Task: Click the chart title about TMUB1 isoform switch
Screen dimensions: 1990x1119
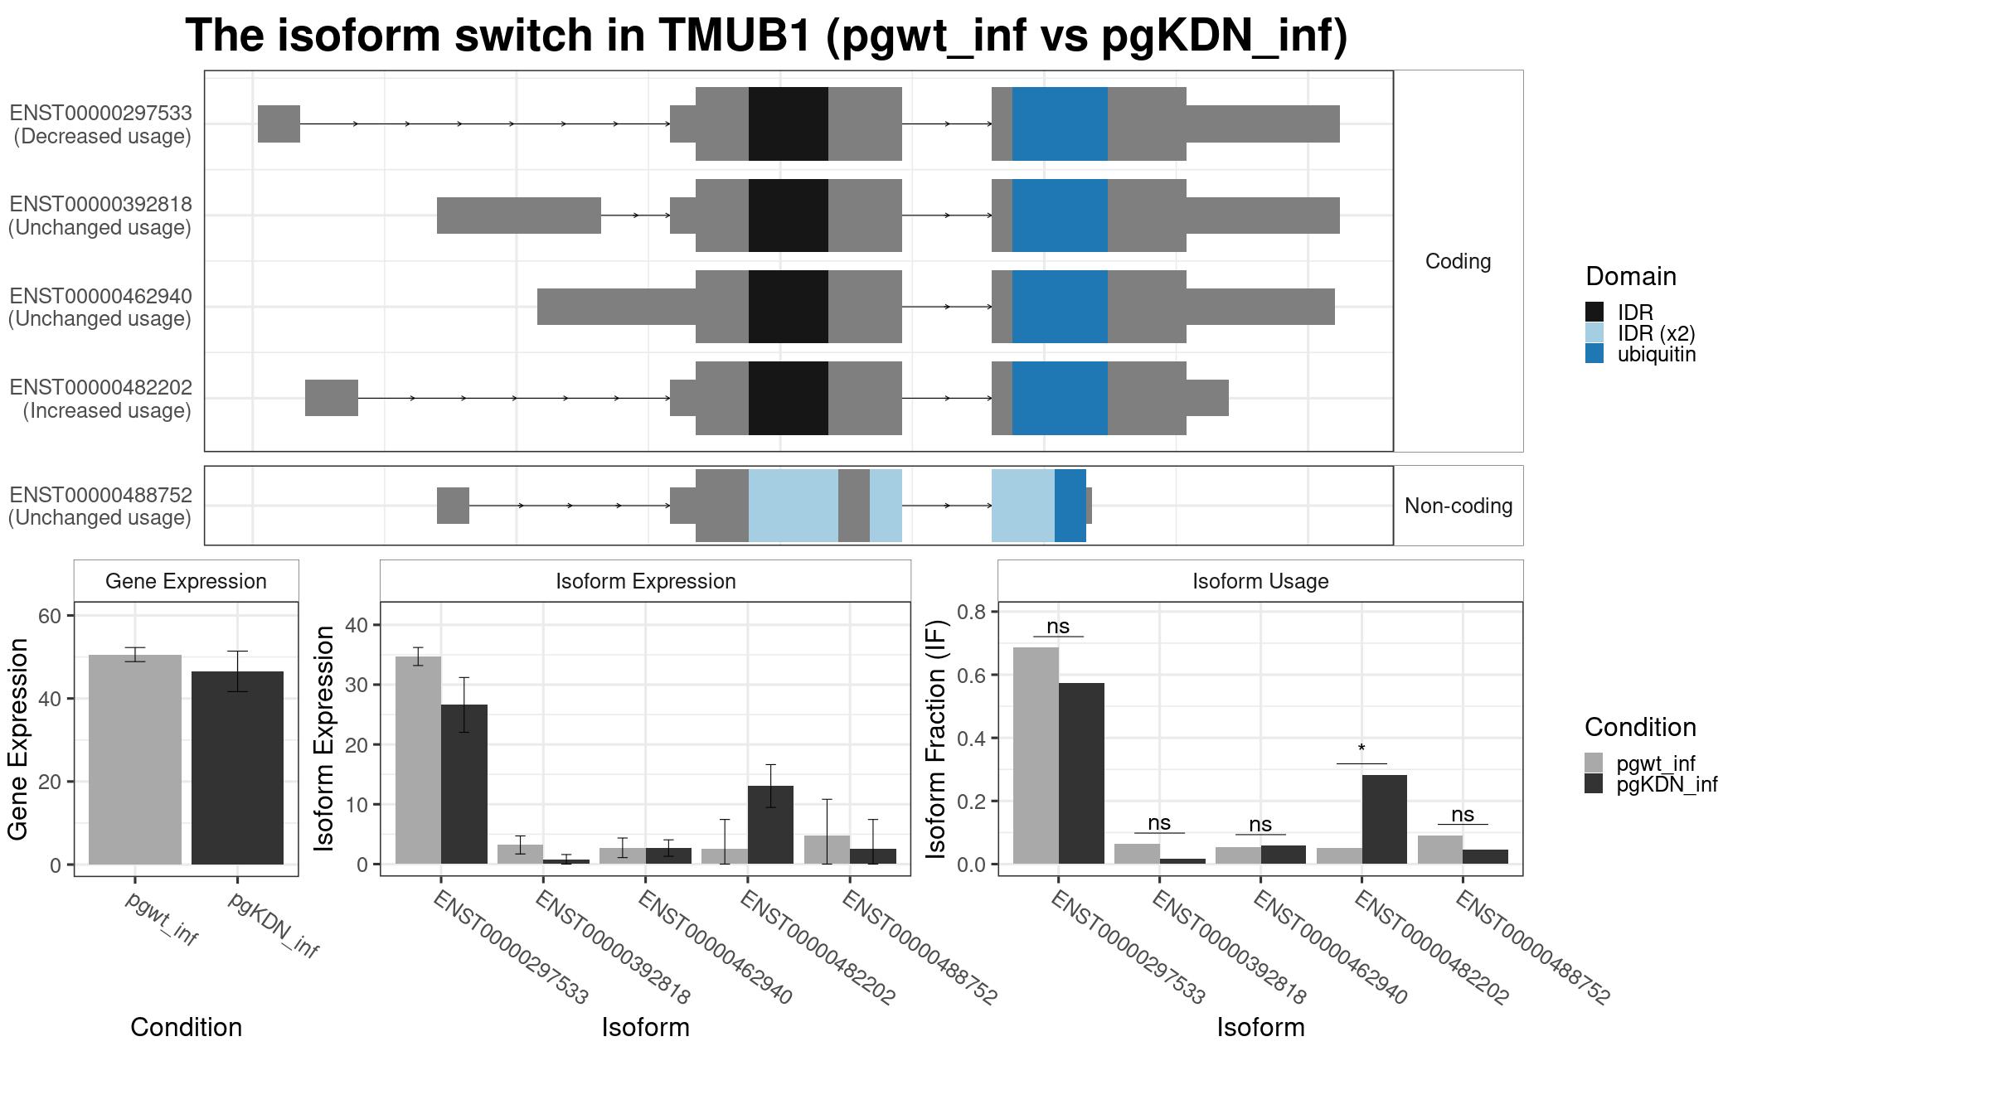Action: click(x=766, y=36)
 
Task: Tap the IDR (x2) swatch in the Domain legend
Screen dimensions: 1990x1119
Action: click(x=1594, y=333)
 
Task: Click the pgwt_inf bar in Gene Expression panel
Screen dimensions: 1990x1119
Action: click(x=135, y=759)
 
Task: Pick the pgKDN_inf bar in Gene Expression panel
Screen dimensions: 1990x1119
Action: click(x=237, y=768)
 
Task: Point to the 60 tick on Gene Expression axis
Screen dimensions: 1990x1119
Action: click(x=50, y=616)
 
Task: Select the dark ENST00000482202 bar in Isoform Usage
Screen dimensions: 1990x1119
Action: click(x=1384, y=819)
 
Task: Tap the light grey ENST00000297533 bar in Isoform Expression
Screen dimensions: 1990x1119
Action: click(x=418, y=760)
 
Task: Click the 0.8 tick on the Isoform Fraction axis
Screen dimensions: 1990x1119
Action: click(x=972, y=612)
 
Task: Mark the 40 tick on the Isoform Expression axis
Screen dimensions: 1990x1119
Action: click(x=357, y=625)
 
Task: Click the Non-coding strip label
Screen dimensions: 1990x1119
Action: click(x=1459, y=506)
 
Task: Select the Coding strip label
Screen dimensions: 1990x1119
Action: click(x=1458, y=261)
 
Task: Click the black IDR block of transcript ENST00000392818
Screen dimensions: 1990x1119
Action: click(x=789, y=216)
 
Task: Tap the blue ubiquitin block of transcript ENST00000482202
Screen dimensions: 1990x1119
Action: click(x=1060, y=398)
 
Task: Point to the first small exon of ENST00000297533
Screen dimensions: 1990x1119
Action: click(x=279, y=124)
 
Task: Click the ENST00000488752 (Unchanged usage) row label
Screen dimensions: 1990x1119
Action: click(x=100, y=506)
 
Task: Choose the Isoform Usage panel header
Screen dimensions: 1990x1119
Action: click(x=1260, y=581)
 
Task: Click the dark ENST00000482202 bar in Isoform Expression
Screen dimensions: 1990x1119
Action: click(x=770, y=825)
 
